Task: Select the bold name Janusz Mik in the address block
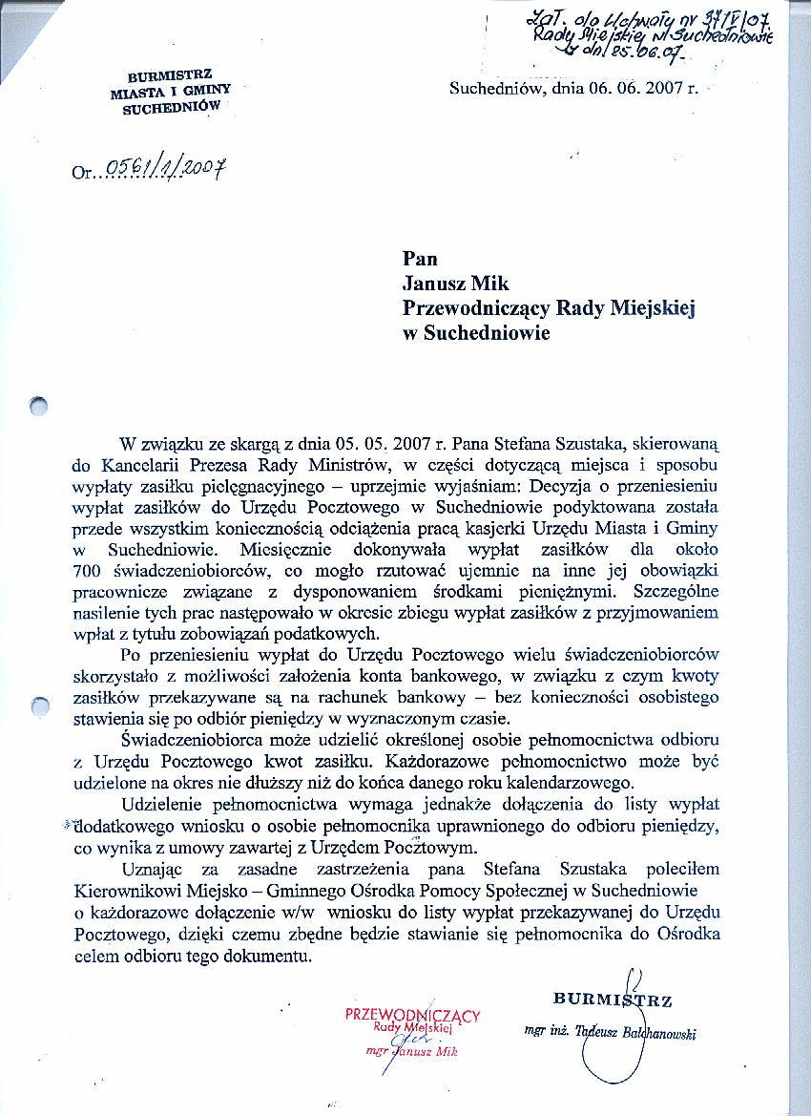pyautogui.click(x=456, y=283)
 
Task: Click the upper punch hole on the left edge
pyautogui.click(x=38, y=406)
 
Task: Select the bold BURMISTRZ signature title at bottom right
pyautogui.click(x=613, y=1000)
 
